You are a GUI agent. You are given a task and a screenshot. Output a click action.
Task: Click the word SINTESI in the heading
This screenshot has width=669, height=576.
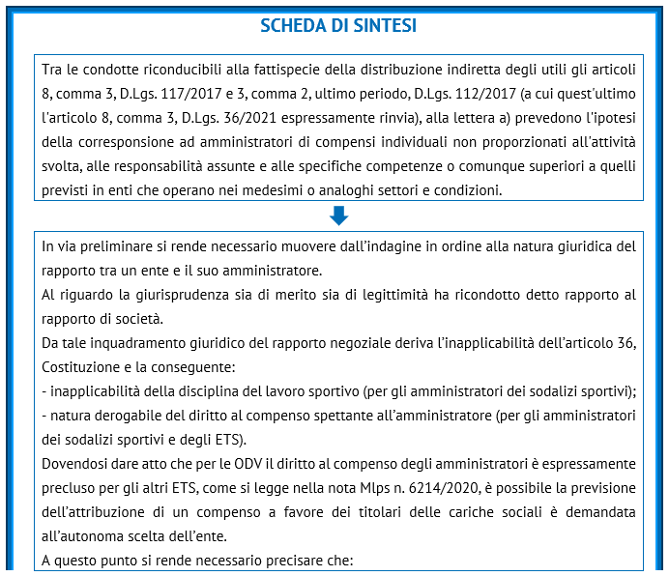click(x=386, y=26)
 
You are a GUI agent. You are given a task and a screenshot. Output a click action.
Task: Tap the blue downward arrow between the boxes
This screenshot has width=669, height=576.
click(x=338, y=216)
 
